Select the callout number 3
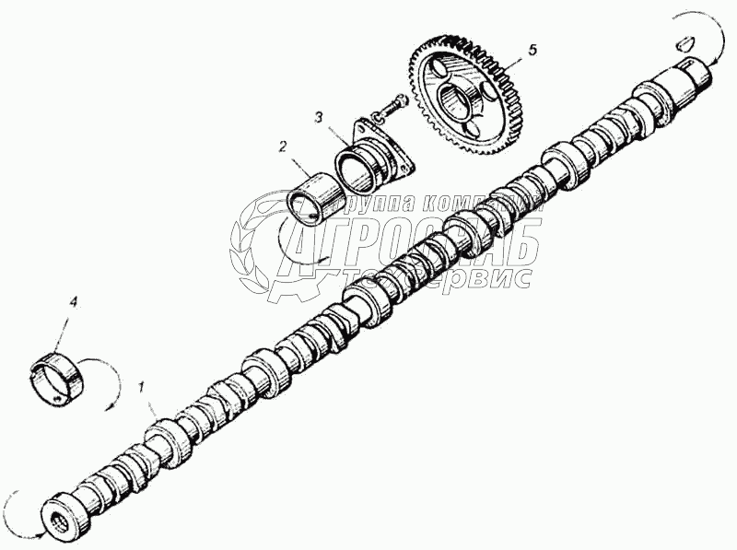pos(317,117)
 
